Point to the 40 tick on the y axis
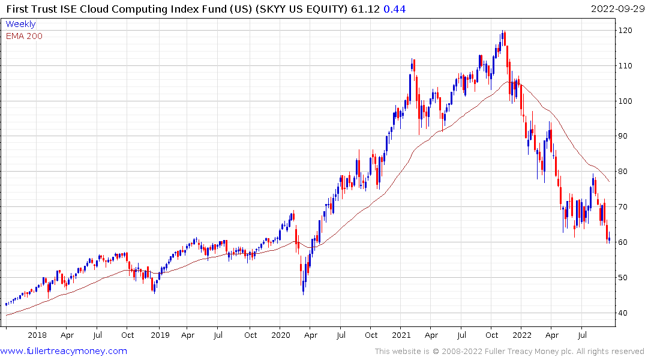coord(623,313)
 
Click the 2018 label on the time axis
coord(37,335)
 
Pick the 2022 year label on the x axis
coord(522,335)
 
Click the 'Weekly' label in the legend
coord(20,25)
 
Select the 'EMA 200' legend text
coord(24,36)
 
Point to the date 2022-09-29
coord(617,8)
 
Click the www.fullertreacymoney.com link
coord(64,351)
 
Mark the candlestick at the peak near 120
coord(503,37)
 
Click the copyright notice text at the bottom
coord(509,352)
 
